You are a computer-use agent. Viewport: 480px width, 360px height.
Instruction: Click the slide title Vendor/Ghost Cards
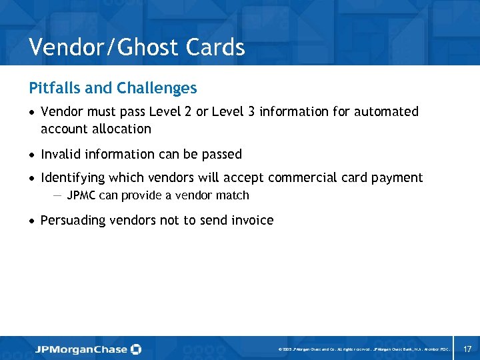click(x=137, y=48)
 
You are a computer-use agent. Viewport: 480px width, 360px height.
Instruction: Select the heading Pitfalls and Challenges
click(x=113, y=88)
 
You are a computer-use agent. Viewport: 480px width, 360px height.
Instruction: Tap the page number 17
click(x=467, y=349)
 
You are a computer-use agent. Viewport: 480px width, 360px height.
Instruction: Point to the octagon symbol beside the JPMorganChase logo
click(x=136, y=349)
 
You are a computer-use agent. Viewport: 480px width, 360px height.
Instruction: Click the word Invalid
click(x=59, y=155)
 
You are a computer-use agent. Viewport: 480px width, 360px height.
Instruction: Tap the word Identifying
click(x=73, y=178)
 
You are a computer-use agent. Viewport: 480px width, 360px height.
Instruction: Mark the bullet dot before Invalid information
click(x=33, y=155)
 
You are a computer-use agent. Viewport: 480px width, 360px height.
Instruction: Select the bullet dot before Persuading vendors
click(x=33, y=221)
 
